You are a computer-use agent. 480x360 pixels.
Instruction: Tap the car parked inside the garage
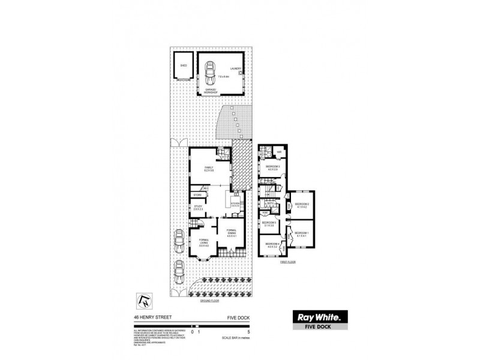[x=209, y=73]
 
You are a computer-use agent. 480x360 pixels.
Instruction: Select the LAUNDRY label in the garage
[x=235, y=69]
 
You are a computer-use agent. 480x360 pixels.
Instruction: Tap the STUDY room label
[x=197, y=208]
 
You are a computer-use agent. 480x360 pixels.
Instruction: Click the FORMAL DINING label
[x=232, y=233]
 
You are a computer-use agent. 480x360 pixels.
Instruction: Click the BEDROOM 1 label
[x=301, y=233]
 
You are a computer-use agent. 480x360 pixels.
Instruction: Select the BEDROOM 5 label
[x=268, y=224]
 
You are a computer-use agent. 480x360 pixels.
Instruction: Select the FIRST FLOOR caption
[x=289, y=262]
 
